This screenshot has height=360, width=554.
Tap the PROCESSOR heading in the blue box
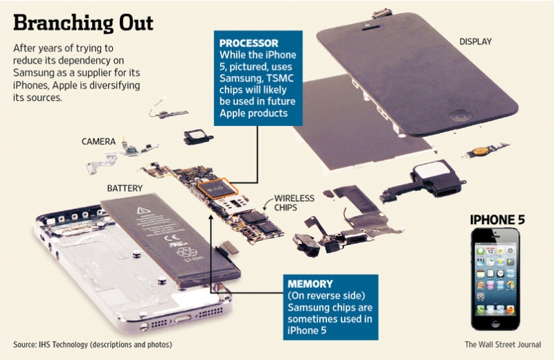(x=246, y=42)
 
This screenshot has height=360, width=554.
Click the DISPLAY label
(x=475, y=42)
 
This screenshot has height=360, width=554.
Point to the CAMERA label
(x=98, y=141)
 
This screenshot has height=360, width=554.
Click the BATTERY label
(x=125, y=188)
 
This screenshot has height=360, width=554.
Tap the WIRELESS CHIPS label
(x=294, y=203)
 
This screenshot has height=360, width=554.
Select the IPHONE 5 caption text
(x=497, y=219)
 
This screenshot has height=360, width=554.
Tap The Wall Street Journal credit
(x=503, y=345)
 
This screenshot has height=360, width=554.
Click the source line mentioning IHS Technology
(x=92, y=345)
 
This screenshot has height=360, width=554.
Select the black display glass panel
(x=415, y=69)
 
